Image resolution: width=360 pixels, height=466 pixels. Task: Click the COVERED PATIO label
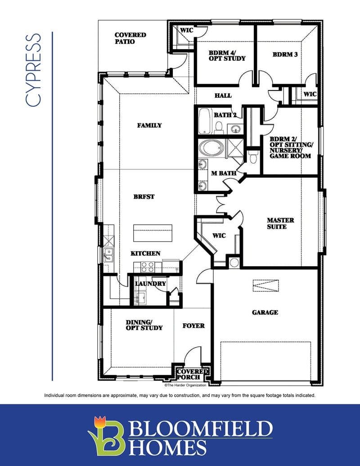click(x=130, y=38)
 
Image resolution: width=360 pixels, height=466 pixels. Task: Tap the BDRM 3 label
click(x=285, y=54)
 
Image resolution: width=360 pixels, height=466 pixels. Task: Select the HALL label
click(x=223, y=95)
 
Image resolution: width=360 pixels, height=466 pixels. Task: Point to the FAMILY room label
click(x=149, y=126)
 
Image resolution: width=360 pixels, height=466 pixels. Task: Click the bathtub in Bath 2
click(x=205, y=121)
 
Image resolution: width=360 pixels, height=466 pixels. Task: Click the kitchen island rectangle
click(x=153, y=233)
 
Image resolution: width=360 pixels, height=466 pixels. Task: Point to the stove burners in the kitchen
click(x=147, y=267)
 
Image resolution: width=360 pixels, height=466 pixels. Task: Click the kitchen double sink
click(x=108, y=255)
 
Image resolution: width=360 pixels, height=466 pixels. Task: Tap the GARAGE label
click(x=265, y=312)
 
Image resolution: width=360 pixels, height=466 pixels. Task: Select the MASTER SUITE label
click(x=280, y=223)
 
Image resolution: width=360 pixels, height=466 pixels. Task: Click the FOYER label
click(x=193, y=326)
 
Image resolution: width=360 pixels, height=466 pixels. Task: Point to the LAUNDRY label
click(x=151, y=284)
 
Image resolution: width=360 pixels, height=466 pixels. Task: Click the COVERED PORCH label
click(x=193, y=375)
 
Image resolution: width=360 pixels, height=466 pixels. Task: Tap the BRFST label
click(x=144, y=197)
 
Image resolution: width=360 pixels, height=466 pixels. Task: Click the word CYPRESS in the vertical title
click(x=33, y=70)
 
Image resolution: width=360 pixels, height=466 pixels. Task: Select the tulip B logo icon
click(x=106, y=435)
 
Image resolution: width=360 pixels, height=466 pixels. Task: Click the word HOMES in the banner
click(x=168, y=448)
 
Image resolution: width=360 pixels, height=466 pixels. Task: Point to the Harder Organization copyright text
click(x=185, y=385)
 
